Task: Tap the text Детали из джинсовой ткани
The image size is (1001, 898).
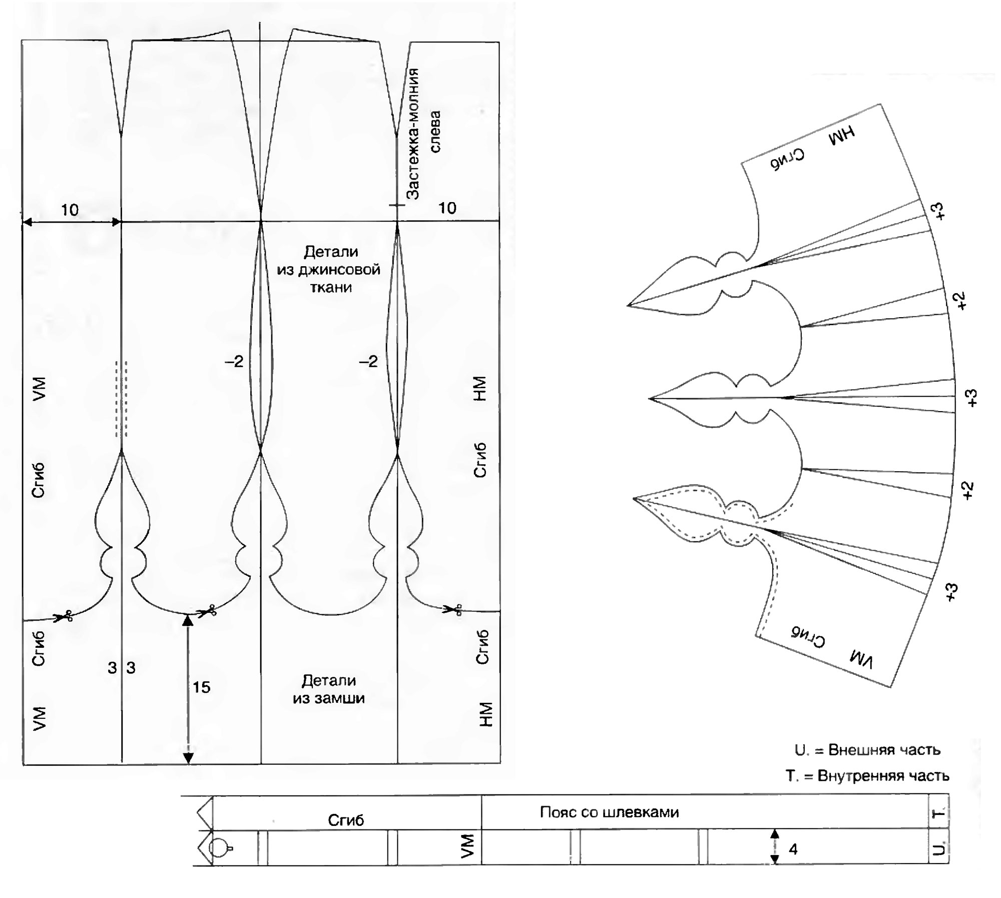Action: coord(328,269)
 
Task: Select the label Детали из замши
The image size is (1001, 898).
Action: coord(328,689)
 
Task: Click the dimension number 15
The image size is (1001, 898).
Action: coord(201,687)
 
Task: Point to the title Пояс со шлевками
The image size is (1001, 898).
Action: coord(609,812)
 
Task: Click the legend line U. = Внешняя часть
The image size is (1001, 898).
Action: coord(867,764)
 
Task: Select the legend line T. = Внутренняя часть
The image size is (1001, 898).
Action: coord(867,790)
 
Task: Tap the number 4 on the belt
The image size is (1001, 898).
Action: coord(793,849)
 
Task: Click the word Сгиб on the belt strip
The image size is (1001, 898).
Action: coord(346,820)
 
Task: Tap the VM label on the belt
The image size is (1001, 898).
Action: coord(467,846)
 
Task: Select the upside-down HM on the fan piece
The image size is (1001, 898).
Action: coord(841,135)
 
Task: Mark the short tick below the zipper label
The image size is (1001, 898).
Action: coord(397,205)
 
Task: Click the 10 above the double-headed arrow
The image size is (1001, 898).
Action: coord(70,210)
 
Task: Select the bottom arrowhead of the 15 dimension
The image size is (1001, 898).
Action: coord(188,757)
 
